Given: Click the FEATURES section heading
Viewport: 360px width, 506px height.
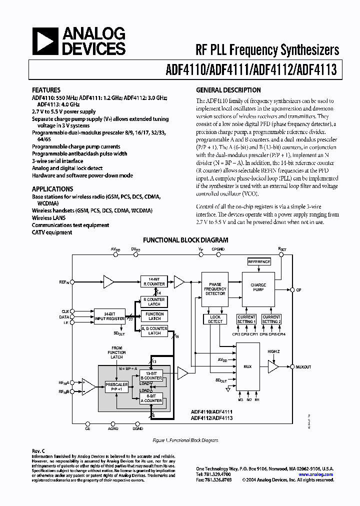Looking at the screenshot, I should pos(46,90).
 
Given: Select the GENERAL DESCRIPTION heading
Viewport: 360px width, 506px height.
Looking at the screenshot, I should pos(228,90).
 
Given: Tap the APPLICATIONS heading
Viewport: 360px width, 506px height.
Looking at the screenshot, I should pos(52,189).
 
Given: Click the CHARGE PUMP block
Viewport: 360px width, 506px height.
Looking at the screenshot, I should pos(258,287).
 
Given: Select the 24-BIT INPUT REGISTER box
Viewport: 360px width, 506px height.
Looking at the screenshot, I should pos(109,316).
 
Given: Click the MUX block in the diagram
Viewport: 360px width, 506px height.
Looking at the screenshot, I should pos(247,366).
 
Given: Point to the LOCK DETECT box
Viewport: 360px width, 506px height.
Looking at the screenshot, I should pos(215,319).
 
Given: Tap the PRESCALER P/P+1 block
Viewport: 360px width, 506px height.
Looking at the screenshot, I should pos(116,386).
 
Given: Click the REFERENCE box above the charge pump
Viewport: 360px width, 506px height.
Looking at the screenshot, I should pos(259,262).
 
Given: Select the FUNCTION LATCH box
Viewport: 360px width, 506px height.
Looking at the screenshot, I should pos(154,316).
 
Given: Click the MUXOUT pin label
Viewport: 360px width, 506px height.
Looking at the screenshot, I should pos(303,367).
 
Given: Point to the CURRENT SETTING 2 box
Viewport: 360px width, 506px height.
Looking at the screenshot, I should pos(271,319).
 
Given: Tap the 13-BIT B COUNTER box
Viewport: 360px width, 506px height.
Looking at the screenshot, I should pos(152,375).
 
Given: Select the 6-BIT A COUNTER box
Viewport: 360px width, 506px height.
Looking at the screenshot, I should pos(152,398).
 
